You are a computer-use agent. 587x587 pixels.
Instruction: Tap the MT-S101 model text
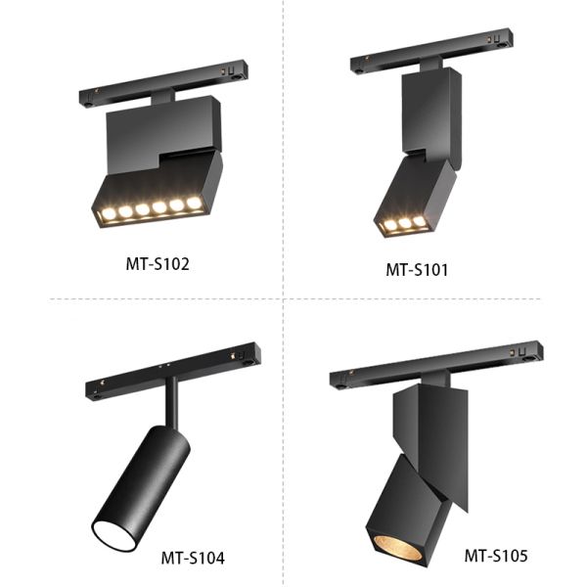pos(416,269)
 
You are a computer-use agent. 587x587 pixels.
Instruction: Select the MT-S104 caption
pos(193,559)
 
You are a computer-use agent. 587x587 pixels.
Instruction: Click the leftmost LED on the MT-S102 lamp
pos(107,212)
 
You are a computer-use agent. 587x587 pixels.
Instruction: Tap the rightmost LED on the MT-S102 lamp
pos(194,203)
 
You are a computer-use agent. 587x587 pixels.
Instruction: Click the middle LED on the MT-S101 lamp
pos(405,224)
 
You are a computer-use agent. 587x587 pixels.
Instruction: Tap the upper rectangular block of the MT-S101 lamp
pos(428,113)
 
